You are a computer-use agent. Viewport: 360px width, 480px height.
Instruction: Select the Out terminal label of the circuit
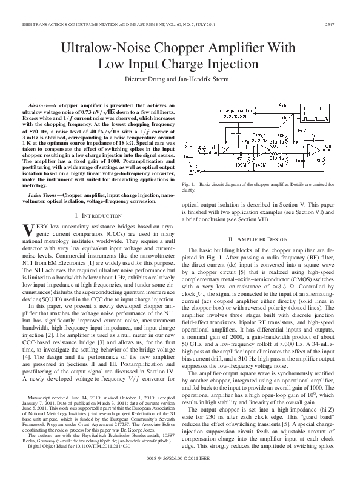pos(328,146)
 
